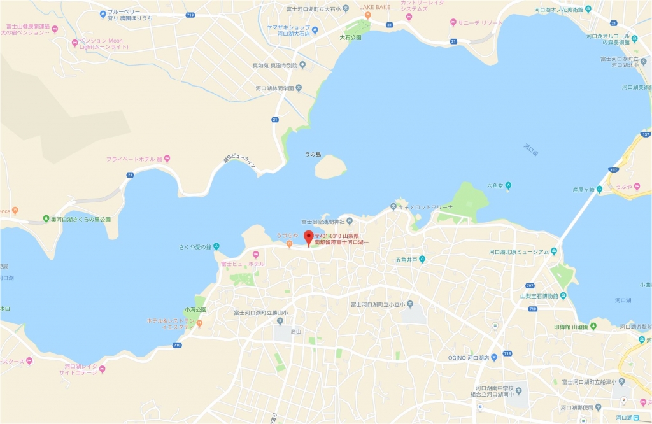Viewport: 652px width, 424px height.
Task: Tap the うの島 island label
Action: (x=313, y=155)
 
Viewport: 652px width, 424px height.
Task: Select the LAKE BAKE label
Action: (x=375, y=7)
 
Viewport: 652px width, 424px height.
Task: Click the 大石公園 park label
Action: (x=350, y=38)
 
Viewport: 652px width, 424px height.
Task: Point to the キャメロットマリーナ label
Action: (x=425, y=207)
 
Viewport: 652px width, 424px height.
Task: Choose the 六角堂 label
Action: (x=496, y=187)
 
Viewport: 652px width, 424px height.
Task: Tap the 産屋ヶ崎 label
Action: (x=583, y=190)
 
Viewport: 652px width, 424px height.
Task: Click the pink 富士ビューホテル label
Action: (x=243, y=264)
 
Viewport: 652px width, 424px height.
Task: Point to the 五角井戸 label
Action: (x=406, y=260)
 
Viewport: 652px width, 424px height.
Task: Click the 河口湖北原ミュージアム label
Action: (x=519, y=252)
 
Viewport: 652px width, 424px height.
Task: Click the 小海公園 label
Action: (x=195, y=310)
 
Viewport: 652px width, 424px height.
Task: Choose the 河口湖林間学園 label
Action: (x=275, y=89)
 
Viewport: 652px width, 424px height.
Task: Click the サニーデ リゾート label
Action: (x=478, y=22)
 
